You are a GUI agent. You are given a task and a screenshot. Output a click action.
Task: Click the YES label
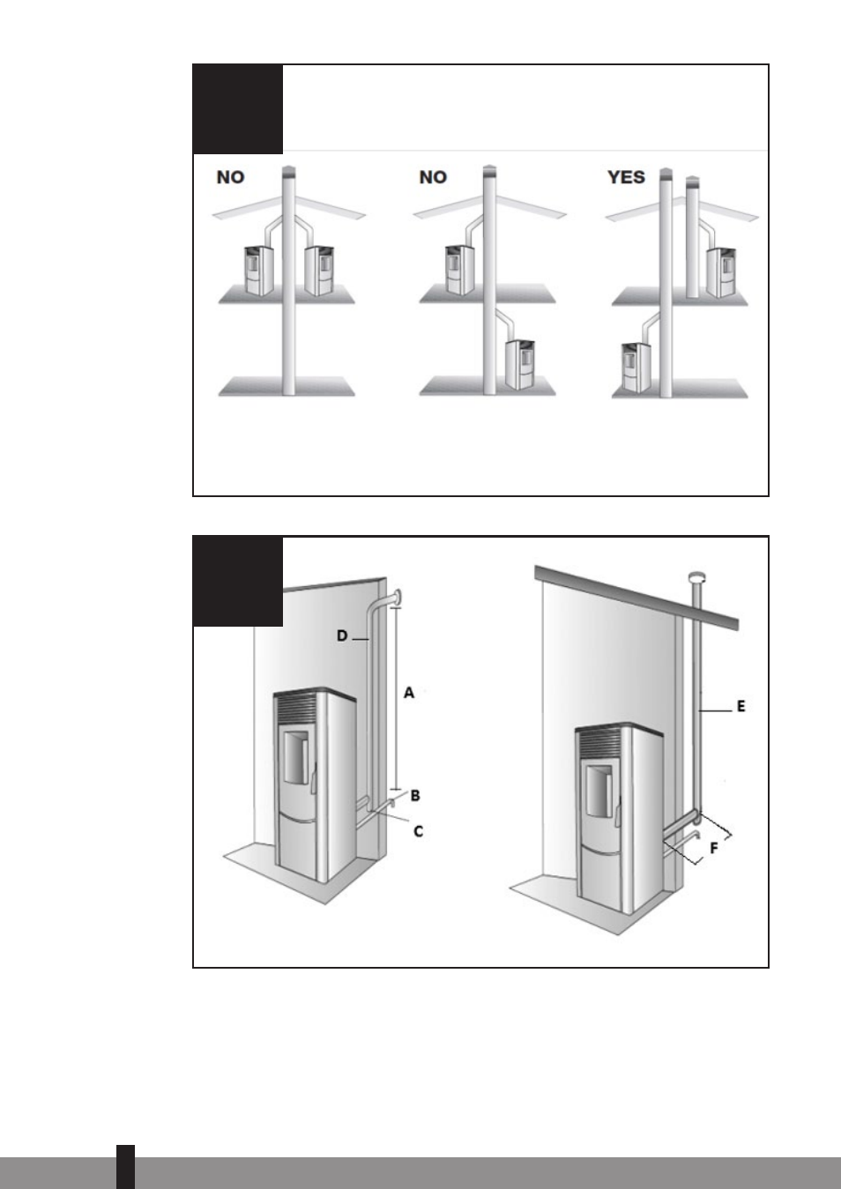point(626,177)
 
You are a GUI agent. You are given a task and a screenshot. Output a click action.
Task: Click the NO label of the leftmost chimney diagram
point(230,177)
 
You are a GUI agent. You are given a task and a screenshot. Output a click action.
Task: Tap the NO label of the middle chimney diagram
point(433,177)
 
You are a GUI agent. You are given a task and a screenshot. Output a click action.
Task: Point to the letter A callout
point(409,693)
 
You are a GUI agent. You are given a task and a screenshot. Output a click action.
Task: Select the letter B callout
point(415,795)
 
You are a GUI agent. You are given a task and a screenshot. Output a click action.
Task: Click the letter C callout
point(419,832)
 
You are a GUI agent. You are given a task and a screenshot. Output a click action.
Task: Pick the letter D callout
point(342,635)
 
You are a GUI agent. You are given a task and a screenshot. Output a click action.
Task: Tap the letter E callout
point(741,707)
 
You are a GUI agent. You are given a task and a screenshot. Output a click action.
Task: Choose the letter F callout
point(714,848)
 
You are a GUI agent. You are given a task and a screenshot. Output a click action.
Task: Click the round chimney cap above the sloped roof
point(697,577)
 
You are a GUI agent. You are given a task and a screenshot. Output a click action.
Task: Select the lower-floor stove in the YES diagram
point(636,368)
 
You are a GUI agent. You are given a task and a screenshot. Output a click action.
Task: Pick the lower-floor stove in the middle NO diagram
point(520,364)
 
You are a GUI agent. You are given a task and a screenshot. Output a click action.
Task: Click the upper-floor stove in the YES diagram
point(721,273)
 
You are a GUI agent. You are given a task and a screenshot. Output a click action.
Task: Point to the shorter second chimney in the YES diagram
point(692,237)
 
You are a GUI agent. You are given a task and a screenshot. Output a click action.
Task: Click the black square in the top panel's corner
point(238,108)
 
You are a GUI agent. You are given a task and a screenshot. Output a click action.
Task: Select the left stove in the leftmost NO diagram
point(259,271)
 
